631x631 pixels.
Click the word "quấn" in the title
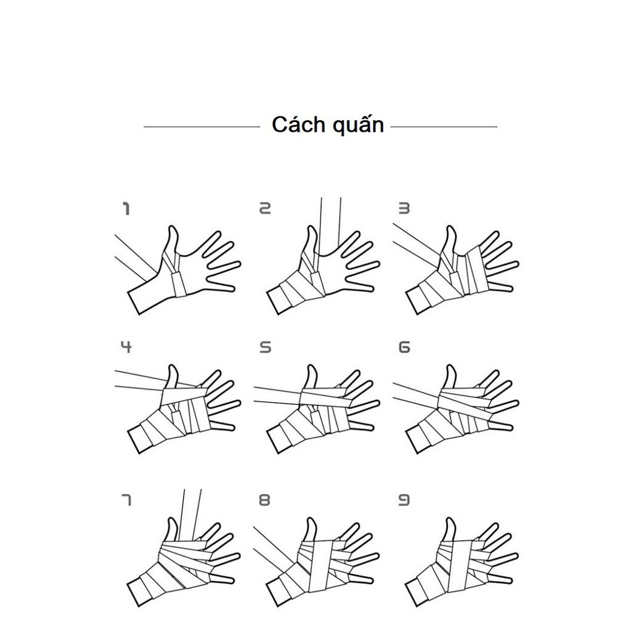pyautogui.click(x=358, y=124)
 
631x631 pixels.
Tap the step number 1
pyautogui.click(x=126, y=209)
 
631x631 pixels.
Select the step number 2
pyautogui.click(x=265, y=208)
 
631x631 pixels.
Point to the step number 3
pyautogui.click(x=404, y=208)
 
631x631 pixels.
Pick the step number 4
pyautogui.click(x=126, y=346)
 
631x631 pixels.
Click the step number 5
pyautogui.click(x=265, y=347)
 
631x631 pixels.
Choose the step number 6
pyautogui.click(x=404, y=347)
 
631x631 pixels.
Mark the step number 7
pyautogui.click(x=126, y=500)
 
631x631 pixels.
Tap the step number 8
pyautogui.click(x=264, y=500)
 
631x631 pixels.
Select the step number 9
pyautogui.click(x=404, y=500)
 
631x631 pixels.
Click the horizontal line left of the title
pyautogui.click(x=202, y=127)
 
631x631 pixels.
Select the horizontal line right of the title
pyautogui.click(x=444, y=127)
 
